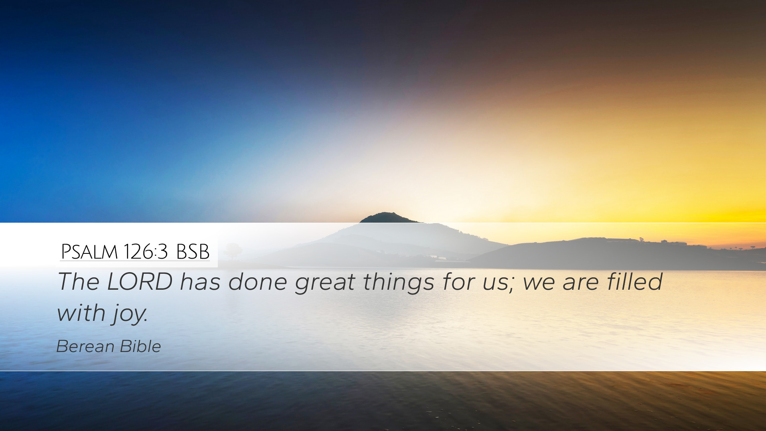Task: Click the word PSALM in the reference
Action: click(89, 252)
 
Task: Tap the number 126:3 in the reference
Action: click(146, 252)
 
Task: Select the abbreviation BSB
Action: click(193, 252)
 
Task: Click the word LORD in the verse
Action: click(140, 281)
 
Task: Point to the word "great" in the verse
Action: click(325, 283)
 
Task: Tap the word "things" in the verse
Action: click(399, 283)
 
